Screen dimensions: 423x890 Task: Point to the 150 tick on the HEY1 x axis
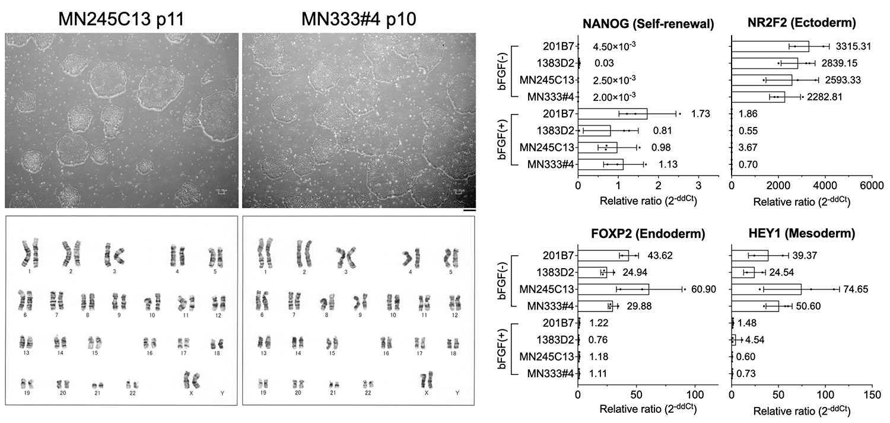coord(870,394)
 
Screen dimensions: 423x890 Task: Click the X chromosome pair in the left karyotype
coord(191,378)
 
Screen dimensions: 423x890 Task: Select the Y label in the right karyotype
coord(457,393)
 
